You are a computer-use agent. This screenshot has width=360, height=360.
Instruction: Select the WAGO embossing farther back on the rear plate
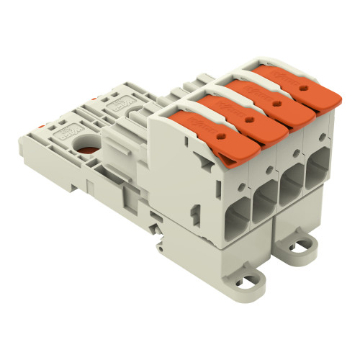click(x=115, y=107)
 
